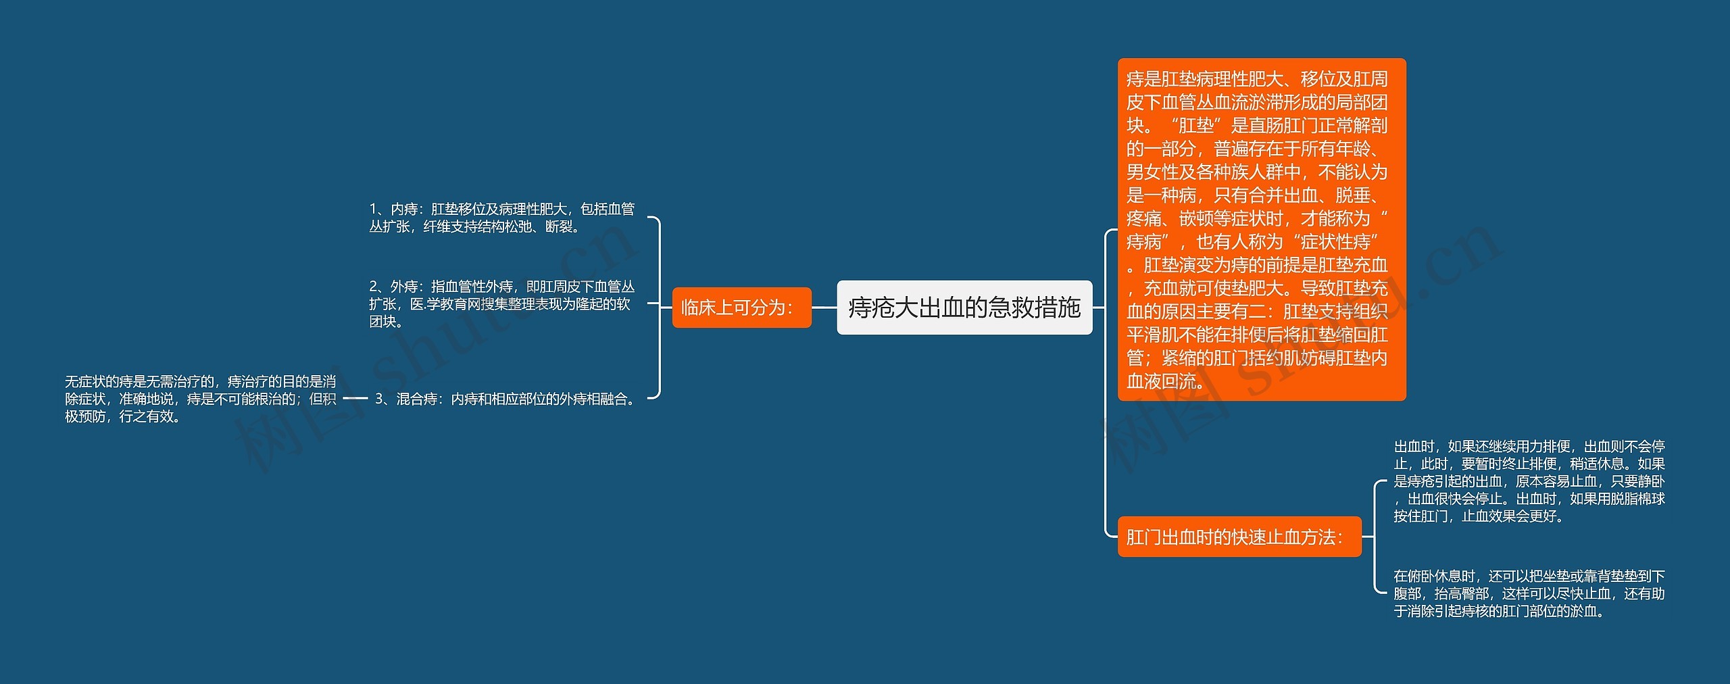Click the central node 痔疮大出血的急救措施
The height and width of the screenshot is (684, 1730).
pos(964,308)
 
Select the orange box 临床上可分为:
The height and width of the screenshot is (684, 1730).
pos(741,308)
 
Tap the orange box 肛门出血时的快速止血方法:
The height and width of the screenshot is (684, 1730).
pos(1239,537)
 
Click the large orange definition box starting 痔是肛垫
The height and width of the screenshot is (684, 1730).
pos(1261,230)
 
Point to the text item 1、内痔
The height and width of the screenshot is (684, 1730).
pos(501,218)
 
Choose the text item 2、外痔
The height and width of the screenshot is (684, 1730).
pos(501,303)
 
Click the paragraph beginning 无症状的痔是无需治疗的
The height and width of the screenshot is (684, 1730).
pos(201,399)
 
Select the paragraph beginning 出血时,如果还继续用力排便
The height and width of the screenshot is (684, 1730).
pos(1529,481)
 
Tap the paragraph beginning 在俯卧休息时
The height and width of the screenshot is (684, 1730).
pos(1529,593)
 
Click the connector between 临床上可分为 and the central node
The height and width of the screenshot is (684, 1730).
pos(824,308)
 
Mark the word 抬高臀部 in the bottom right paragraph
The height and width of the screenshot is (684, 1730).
pos(1462,593)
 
